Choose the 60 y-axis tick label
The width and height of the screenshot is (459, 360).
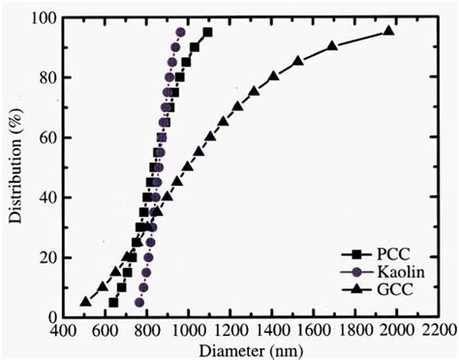click(45, 137)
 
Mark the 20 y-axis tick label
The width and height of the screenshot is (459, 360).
click(45, 257)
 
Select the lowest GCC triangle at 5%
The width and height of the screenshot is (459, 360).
click(85, 301)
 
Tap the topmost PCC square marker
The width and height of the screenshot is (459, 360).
click(207, 32)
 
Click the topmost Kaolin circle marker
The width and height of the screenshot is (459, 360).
click(181, 32)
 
